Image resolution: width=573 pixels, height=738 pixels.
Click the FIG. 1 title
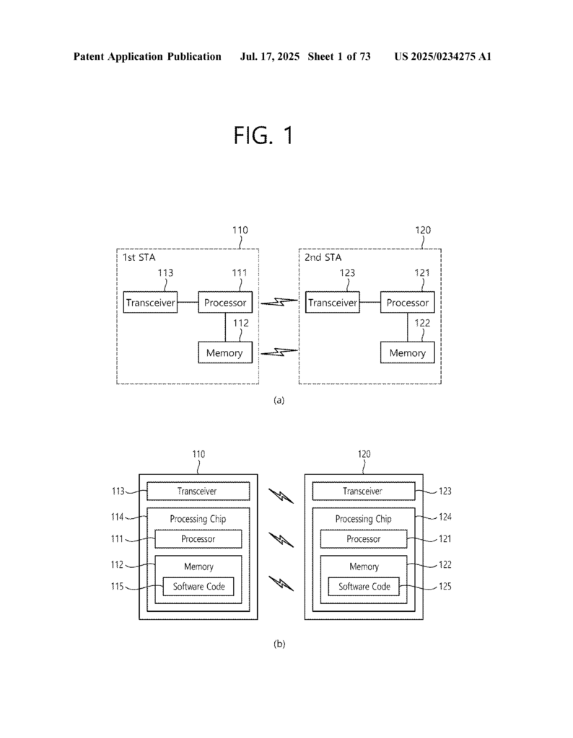pos(263,135)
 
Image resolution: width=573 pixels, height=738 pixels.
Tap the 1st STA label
pos(132,257)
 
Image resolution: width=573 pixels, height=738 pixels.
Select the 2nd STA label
pos(316,257)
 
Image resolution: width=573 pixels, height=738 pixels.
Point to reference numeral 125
pos(445,587)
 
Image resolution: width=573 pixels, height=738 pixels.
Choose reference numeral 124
pos(445,517)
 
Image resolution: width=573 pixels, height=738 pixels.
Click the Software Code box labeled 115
pos(198,587)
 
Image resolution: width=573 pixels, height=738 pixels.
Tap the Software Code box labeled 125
pos(364,587)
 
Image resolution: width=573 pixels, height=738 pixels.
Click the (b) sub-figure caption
pos(279,644)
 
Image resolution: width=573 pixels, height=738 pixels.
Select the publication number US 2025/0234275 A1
pos(442,56)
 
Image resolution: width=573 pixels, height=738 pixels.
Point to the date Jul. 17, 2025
pos(268,56)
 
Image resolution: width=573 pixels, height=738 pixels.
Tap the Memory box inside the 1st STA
pos(225,352)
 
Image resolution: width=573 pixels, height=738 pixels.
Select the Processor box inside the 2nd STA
pos(407,303)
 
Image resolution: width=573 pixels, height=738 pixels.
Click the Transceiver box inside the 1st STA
pos(150,303)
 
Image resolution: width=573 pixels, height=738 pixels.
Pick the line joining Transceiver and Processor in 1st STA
pos(188,303)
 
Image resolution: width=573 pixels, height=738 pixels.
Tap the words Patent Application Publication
pos(147,56)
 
